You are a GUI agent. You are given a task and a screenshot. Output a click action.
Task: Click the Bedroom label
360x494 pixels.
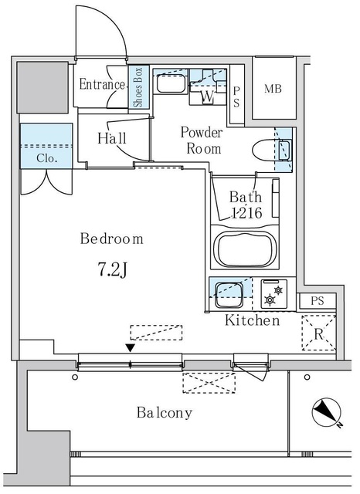point(112,239)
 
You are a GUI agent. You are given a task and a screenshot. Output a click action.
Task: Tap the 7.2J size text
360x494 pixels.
point(113,269)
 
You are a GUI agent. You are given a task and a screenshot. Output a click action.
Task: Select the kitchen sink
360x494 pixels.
point(229,295)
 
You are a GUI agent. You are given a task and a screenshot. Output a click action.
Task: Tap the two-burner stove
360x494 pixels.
point(274,294)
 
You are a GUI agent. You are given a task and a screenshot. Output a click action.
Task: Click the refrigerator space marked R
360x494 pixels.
point(319,333)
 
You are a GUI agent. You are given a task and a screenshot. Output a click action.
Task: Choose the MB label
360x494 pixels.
point(273,90)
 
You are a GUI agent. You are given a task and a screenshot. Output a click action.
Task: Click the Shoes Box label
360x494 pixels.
point(138,87)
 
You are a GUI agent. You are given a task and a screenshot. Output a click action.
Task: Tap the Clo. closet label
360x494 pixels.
point(46,158)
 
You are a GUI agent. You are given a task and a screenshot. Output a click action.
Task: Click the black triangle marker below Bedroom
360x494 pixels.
point(131,348)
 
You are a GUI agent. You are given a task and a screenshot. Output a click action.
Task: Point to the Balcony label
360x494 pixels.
point(165,412)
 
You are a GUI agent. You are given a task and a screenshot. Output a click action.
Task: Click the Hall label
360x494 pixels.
point(112,138)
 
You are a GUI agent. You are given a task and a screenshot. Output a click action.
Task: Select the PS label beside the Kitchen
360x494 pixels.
point(318,301)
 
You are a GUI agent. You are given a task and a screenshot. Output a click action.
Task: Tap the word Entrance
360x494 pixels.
point(102,84)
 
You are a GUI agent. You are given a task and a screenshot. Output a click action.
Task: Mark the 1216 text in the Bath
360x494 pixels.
point(246,213)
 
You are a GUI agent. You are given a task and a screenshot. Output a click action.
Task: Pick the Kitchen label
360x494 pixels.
point(252,320)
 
